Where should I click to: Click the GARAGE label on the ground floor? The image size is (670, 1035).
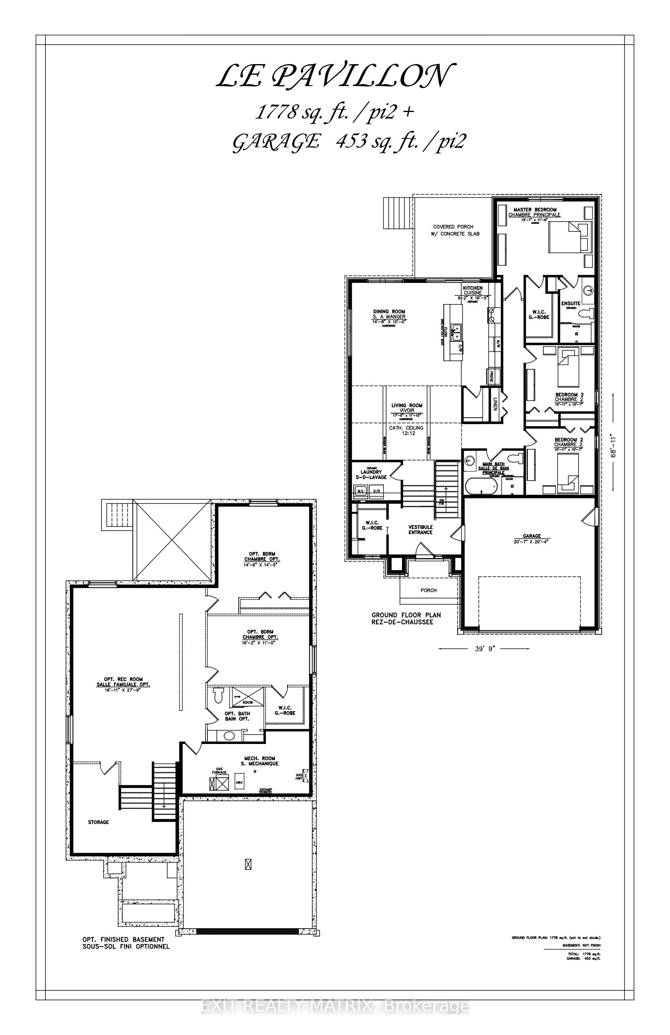click(x=532, y=536)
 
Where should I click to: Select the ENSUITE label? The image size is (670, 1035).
click(x=571, y=303)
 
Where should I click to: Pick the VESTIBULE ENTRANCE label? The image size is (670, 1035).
click(x=420, y=529)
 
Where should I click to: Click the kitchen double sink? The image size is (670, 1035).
click(x=456, y=333)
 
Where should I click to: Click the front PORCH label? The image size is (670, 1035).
click(x=428, y=590)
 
